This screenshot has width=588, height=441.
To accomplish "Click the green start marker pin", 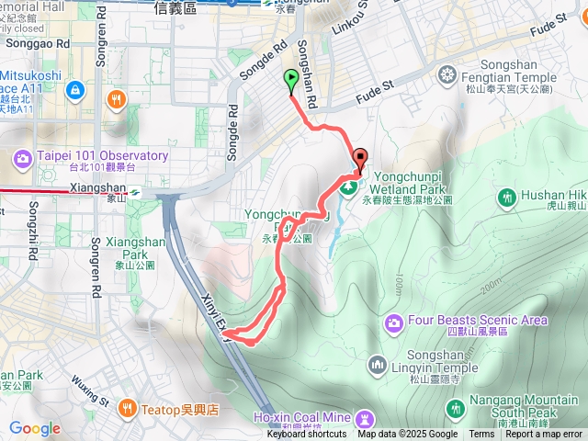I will click(291, 80).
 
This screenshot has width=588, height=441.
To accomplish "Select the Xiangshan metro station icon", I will click(134, 192).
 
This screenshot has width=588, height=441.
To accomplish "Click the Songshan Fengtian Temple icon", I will click(448, 73).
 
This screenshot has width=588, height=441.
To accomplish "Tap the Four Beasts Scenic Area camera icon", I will click(394, 322).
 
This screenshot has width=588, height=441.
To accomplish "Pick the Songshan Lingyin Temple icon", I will click(378, 367).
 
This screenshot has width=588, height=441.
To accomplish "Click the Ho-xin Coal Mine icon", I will click(366, 418).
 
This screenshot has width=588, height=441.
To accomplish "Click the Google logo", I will click(35, 429).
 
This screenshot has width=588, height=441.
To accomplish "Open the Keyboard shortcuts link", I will click(307, 435).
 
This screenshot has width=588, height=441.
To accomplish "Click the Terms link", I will click(481, 435).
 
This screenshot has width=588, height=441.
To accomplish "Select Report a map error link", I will click(545, 435).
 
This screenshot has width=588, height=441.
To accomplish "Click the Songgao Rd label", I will click(37, 43).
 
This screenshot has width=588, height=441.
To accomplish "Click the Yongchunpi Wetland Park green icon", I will click(349, 189).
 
